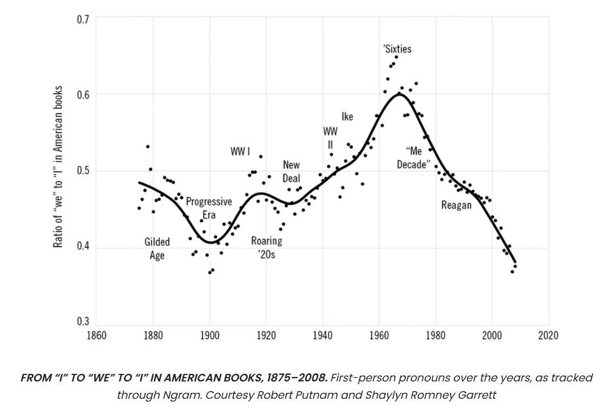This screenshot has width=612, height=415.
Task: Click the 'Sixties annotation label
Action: [397, 49]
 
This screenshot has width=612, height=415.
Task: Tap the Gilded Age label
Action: [157, 248]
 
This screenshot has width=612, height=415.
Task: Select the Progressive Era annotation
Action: [209, 208]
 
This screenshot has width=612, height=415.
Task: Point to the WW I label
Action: [240, 151]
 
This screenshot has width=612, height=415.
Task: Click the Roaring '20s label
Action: [266, 247]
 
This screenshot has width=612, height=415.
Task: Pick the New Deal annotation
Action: [291, 171]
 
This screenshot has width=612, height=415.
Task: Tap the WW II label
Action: [330, 138]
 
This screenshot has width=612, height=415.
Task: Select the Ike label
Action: [347, 117]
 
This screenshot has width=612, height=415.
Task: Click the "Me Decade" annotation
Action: [413, 158]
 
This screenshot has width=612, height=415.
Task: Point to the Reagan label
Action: [456, 205]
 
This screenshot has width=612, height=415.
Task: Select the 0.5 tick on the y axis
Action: [83, 171]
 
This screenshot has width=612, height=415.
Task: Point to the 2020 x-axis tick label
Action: [548, 335]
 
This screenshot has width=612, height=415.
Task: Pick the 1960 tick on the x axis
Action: [379, 335]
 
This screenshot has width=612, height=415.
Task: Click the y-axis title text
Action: [58, 167]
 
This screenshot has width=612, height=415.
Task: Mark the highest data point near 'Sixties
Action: [396, 57]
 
